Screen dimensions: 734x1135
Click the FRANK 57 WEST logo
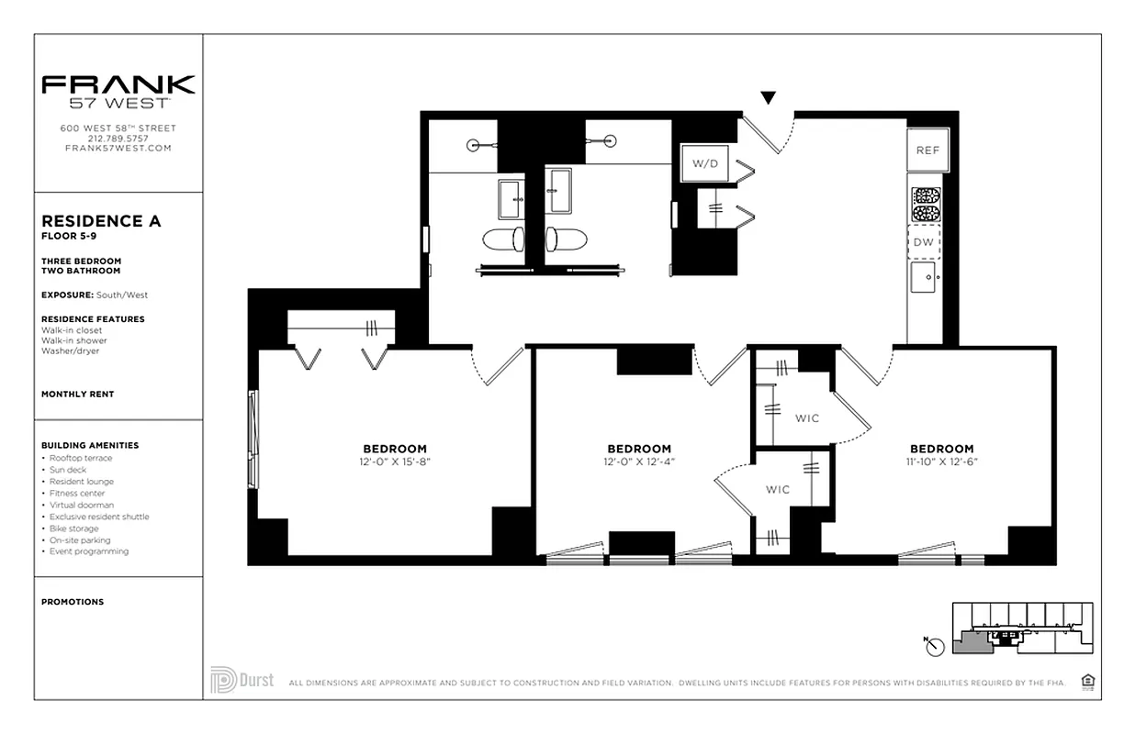coord(118,91)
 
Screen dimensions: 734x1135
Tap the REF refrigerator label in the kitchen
coord(927,150)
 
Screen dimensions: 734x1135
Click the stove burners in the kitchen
coord(925,205)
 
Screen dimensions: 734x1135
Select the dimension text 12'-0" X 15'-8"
coord(395,462)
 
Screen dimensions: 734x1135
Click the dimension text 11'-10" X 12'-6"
coord(942,462)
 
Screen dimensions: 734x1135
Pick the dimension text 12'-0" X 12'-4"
coord(638,462)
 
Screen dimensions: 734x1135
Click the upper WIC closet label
coord(807,418)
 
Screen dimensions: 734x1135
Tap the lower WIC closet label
coord(778,489)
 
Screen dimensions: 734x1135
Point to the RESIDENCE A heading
coord(101,221)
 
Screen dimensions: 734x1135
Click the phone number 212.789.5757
coord(118,139)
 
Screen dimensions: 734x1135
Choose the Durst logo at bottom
coord(242,680)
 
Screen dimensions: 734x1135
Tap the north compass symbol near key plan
coord(935,647)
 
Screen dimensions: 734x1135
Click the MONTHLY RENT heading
coord(78,394)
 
